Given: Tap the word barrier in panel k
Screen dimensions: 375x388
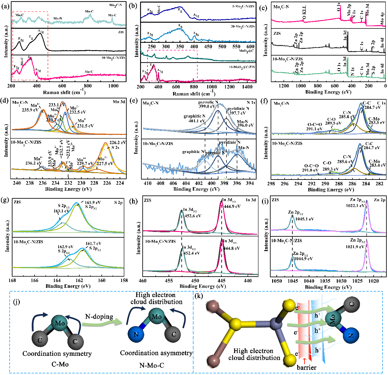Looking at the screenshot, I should (x=307, y=367).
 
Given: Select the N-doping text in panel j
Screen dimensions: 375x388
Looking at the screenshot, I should (x=99, y=317).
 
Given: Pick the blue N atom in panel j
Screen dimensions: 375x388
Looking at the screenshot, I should (x=136, y=334).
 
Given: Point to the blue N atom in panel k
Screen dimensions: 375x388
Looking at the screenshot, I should (x=351, y=335).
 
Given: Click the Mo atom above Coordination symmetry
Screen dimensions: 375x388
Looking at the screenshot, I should (x=59, y=323).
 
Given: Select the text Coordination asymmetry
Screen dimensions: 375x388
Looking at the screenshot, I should (x=156, y=353).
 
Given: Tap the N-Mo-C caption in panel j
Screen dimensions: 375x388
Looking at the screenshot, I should (x=152, y=365).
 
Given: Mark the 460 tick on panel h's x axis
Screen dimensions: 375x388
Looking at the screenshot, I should (x=143, y=281).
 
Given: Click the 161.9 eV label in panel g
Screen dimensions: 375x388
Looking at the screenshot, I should (x=93, y=203).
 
